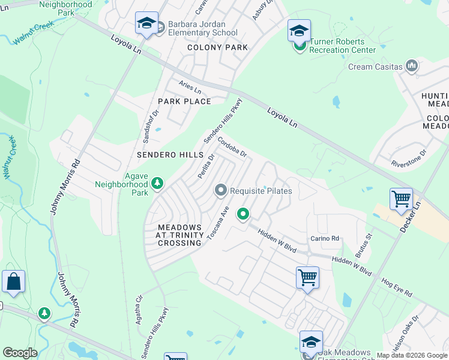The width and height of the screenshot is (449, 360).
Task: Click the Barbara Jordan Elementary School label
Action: click(202, 28)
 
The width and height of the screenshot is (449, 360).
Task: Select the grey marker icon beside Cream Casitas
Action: click(412, 65)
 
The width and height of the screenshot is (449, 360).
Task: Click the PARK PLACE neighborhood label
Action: click(184, 101)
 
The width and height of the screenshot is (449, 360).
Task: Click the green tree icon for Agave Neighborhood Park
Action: click(157, 182)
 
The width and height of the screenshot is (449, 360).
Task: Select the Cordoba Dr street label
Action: click(232, 147)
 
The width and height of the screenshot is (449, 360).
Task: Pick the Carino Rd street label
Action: click(325, 238)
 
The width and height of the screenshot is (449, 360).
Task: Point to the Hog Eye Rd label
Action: click(397, 287)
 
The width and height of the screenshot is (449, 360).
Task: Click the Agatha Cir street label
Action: click(139, 306)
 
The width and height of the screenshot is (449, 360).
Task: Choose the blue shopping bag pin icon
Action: click(13, 282)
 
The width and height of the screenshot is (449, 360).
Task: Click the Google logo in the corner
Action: click(20, 353)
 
